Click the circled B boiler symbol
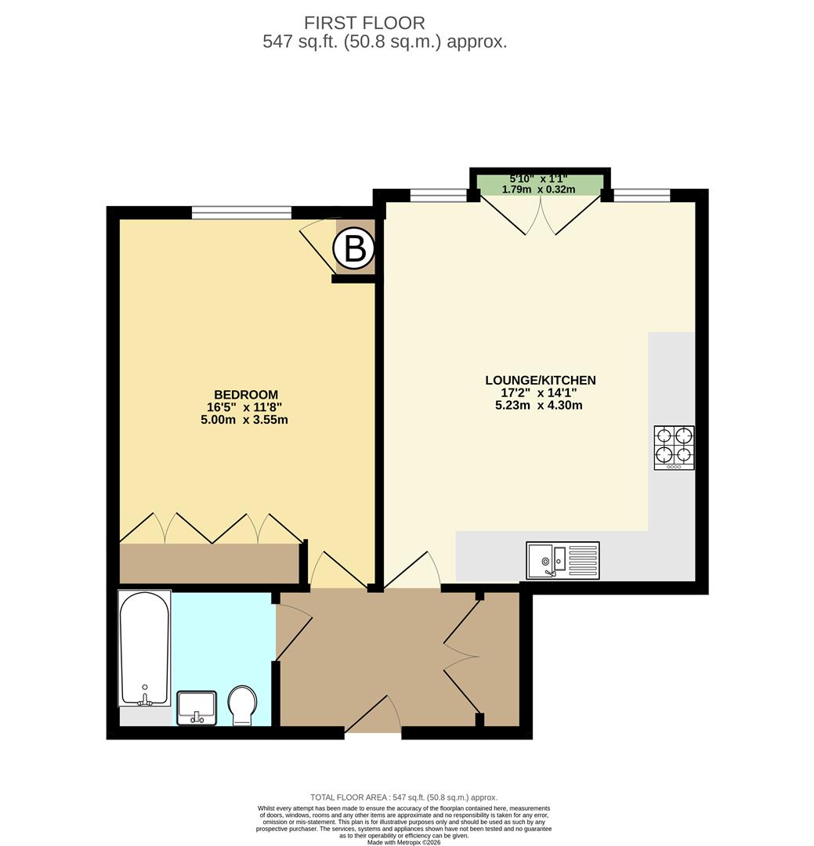click(354, 250)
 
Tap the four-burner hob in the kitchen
click(674, 447)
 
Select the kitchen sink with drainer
click(563, 560)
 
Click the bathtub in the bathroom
click(144, 648)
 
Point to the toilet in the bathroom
click(241, 705)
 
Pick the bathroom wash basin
click(197, 707)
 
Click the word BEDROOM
click(245, 395)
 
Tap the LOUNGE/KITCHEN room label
click(540, 381)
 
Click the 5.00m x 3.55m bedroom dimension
click(244, 420)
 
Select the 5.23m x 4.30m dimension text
click(539, 406)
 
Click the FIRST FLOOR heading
click(364, 23)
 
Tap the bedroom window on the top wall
click(241, 212)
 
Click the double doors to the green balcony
click(541, 214)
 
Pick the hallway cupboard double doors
click(462, 656)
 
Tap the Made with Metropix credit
click(403, 842)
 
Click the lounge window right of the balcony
click(641, 196)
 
